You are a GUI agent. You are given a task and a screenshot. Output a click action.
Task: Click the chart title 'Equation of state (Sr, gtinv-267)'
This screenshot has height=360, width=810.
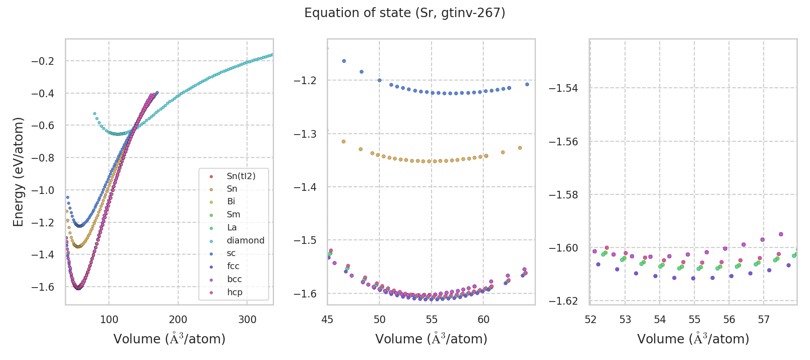[405, 13]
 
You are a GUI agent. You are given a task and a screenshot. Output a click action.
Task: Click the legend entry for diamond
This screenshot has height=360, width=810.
[245, 240]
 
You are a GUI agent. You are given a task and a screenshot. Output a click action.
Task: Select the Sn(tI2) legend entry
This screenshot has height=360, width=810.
[241, 176]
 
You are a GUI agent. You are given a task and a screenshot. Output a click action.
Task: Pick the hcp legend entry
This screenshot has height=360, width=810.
[234, 292]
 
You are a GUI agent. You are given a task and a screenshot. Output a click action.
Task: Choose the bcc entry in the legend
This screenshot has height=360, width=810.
[234, 279]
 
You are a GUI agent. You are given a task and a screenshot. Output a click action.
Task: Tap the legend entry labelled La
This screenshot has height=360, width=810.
[232, 227]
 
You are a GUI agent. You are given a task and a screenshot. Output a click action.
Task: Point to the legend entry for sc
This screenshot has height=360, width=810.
[231, 253]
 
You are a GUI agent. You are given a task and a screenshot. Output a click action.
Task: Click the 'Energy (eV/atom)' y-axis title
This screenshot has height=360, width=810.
[18, 172]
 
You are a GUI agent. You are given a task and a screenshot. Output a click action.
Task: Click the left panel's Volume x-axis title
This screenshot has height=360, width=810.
[169, 339]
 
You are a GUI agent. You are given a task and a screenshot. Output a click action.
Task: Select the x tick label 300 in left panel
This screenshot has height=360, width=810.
[247, 320]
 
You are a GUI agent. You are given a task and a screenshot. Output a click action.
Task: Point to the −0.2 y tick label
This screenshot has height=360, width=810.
[43, 61]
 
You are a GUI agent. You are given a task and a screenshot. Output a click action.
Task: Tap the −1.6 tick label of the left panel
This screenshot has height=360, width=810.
[43, 287]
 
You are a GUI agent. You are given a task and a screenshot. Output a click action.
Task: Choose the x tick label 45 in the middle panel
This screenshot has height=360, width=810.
[328, 320]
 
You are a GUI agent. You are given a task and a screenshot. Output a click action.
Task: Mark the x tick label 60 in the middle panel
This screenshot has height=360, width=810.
[483, 320]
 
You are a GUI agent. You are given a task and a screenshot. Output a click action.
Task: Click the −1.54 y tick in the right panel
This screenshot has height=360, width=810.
[563, 88]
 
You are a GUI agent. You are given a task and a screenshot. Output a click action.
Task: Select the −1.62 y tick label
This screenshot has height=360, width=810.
[563, 301]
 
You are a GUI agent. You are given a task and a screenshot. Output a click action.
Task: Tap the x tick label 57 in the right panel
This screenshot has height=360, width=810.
[764, 320]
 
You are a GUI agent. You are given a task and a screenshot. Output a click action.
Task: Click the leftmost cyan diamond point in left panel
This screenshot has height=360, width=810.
[94, 114]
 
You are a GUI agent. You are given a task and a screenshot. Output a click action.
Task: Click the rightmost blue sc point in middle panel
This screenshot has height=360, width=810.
[527, 84]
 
